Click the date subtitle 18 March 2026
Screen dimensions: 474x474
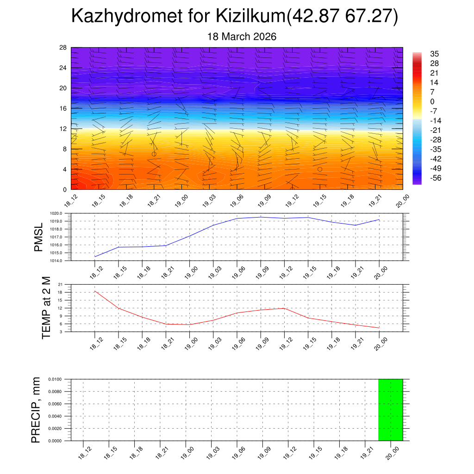(x=242, y=37)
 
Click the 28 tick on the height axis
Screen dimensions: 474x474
(x=63, y=48)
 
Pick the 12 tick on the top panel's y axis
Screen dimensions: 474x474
(x=63, y=129)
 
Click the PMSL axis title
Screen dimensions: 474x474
(x=39, y=237)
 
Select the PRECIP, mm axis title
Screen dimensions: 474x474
(x=36, y=410)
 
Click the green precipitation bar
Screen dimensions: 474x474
(x=390, y=410)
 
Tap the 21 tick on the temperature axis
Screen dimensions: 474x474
(x=60, y=284)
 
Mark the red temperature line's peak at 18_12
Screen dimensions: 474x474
(x=95, y=291)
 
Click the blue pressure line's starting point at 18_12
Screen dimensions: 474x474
(x=95, y=256)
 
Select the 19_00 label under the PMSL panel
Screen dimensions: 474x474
(x=189, y=270)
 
